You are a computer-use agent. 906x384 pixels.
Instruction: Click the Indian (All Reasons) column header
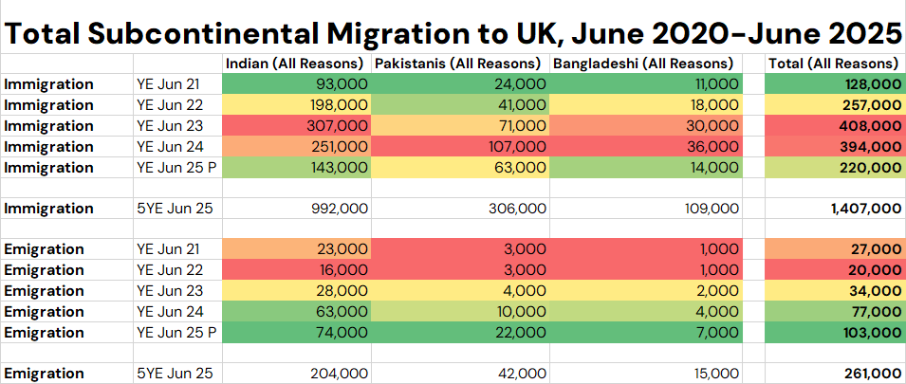pos(295,64)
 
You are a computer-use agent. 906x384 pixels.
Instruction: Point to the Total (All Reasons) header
pos(833,64)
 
